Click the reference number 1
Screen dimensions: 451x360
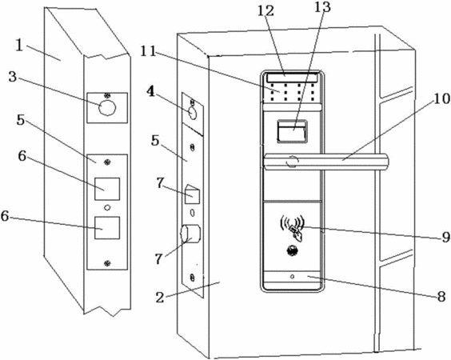[x=19, y=46]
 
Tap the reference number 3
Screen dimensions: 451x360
[x=12, y=77]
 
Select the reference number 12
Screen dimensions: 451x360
[x=265, y=11]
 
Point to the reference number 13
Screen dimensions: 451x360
[x=321, y=7]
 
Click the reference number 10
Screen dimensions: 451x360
[x=441, y=99]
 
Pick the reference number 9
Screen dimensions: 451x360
[x=445, y=238]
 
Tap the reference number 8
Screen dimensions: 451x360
[x=441, y=297]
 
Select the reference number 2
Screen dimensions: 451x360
[x=160, y=298]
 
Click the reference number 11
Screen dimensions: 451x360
[x=148, y=52]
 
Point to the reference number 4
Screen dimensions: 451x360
[x=150, y=92]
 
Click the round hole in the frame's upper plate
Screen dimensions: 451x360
[x=107, y=108]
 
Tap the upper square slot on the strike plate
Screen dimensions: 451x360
[x=107, y=189]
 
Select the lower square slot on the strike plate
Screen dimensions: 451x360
[x=107, y=228]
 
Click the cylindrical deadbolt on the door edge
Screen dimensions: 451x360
[x=190, y=234]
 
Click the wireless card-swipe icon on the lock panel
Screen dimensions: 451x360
[x=292, y=226]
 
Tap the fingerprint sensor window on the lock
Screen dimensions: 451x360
[x=292, y=131]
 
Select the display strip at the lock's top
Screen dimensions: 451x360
[x=292, y=78]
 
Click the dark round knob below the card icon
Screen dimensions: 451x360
[x=292, y=250]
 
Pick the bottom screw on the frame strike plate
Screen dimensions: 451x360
[x=107, y=262]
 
